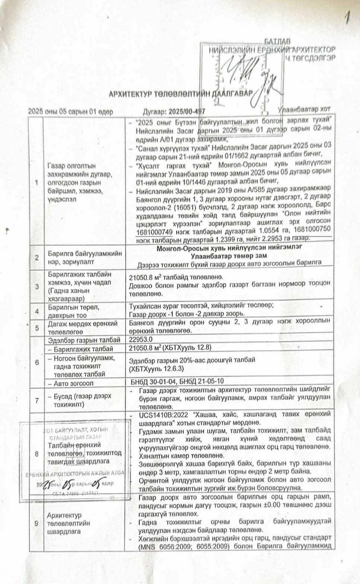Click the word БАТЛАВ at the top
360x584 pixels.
[x=277, y=41]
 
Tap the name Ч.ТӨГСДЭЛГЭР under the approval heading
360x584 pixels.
[x=310, y=58]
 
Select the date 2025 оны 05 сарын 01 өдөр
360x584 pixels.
[x=70, y=111]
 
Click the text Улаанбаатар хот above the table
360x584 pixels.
[x=304, y=110]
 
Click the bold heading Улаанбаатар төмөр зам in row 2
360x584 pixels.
[x=229, y=256]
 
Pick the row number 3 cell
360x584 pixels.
[x=36, y=286]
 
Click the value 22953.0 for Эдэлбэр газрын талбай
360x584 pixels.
[x=141, y=340]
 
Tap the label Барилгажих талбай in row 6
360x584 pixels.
[x=83, y=349]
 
